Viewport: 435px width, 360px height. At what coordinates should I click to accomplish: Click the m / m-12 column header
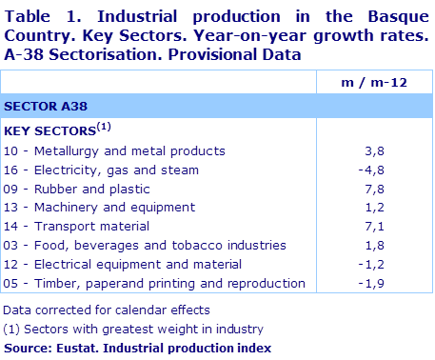coord(373,83)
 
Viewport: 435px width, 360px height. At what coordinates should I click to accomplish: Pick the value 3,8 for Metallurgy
coord(398,150)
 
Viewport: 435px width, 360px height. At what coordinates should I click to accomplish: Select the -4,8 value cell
coord(395,170)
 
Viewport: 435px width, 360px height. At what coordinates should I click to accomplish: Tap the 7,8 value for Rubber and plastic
coord(398,189)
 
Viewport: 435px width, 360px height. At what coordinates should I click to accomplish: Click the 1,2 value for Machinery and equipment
coord(398,207)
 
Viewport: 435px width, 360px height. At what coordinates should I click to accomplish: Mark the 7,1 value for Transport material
coord(398,226)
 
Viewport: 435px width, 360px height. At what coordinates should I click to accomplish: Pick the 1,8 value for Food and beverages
coord(398,245)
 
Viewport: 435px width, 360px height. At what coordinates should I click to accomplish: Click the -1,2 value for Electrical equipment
coord(395,264)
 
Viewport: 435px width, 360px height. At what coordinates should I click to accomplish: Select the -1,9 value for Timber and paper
coord(395,283)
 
